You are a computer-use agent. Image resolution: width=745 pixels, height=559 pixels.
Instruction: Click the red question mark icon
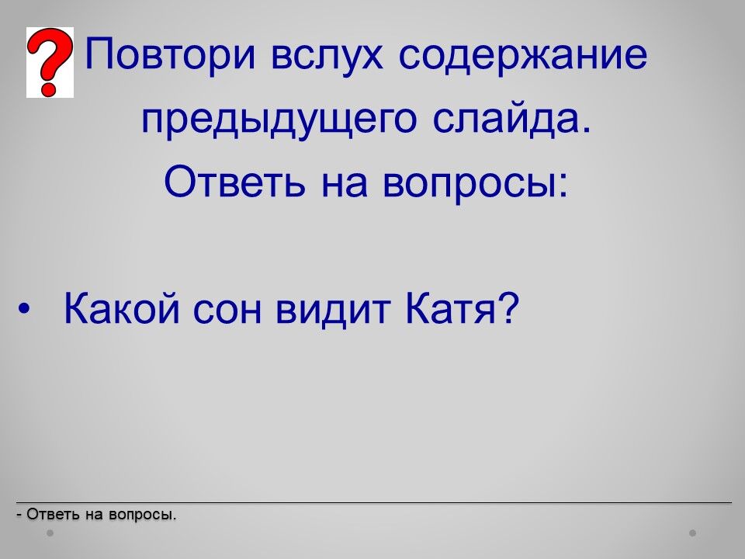[x=50, y=62]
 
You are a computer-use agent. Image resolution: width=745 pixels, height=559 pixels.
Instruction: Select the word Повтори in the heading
[x=171, y=54]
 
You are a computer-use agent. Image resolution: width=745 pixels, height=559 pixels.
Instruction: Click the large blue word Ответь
[x=234, y=182]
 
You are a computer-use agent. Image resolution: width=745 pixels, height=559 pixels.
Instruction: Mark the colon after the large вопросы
[x=563, y=187]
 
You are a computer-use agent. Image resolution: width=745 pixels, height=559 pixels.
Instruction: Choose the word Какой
[x=122, y=308]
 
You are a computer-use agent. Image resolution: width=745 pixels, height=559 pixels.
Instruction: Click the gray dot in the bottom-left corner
[x=50, y=533]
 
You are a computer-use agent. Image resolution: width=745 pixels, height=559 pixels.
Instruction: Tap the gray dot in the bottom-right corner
[x=693, y=533]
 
